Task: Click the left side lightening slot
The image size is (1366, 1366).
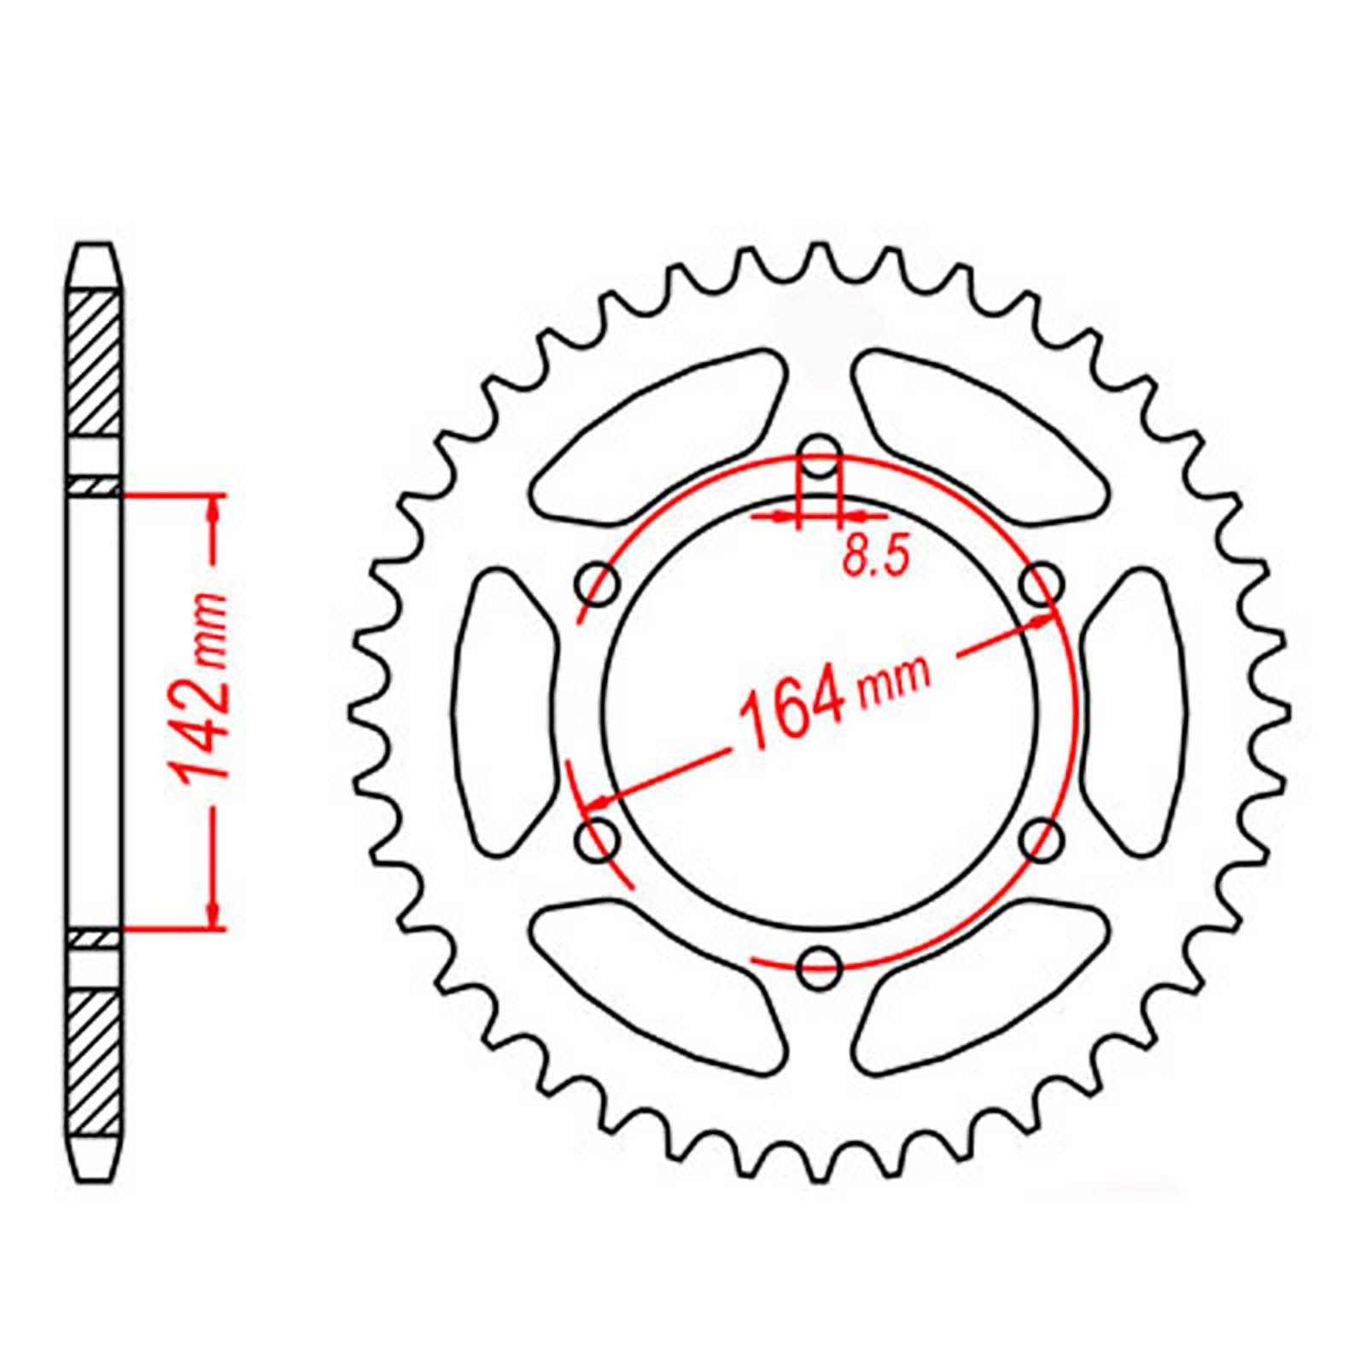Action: click(504, 710)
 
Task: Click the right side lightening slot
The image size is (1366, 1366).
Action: click(1136, 710)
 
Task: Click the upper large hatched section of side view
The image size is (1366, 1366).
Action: click(95, 363)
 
